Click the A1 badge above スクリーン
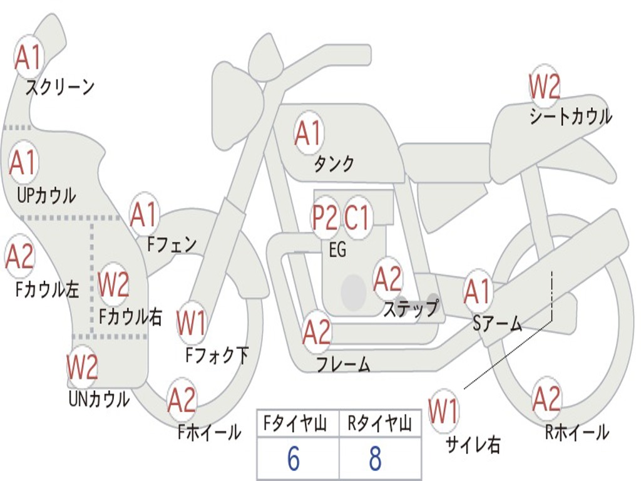click(x=29, y=58)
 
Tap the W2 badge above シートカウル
click(x=544, y=86)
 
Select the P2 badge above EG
click(x=325, y=217)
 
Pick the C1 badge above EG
click(x=357, y=217)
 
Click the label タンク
click(x=334, y=163)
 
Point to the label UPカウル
click(x=46, y=195)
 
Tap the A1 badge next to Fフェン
click(x=143, y=214)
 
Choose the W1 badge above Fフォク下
click(x=192, y=323)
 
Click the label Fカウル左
click(x=47, y=289)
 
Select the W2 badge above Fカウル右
click(x=113, y=284)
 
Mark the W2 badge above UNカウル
click(x=82, y=367)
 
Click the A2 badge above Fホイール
click(x=182, y=400)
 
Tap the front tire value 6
click(x=294, y=458)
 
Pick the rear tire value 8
click(x=376, y=458)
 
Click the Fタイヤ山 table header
click(x=295, y=423)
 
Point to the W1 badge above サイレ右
click(x=444, y=411)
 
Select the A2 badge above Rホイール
click(x=546, y=399)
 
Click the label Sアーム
click(x=497, y=324)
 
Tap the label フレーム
click(x=344, y=364)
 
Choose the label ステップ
click(x=411, y=308)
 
